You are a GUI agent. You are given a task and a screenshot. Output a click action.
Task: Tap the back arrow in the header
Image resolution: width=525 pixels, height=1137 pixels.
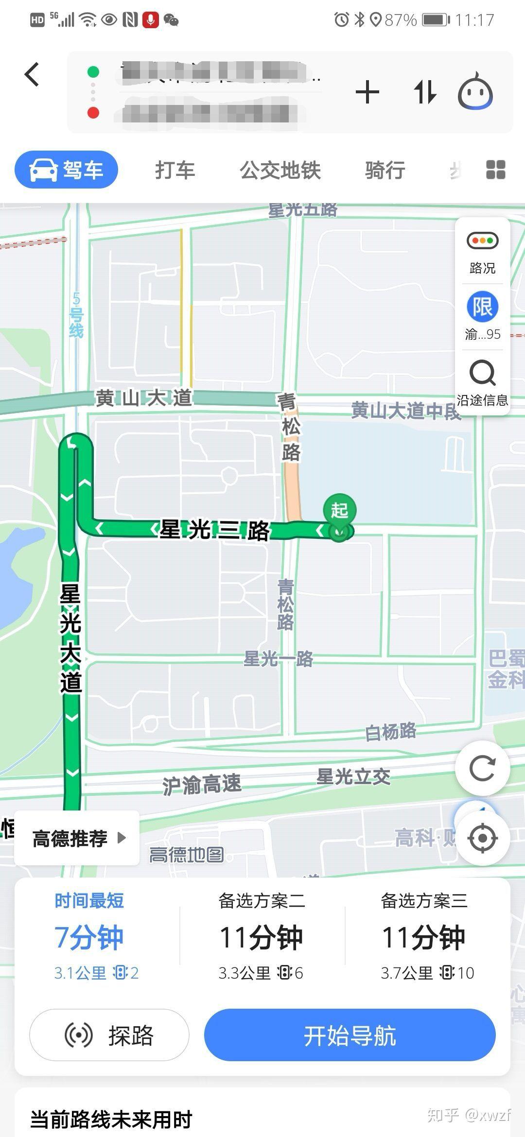pyautogui.click(x=32, y=75)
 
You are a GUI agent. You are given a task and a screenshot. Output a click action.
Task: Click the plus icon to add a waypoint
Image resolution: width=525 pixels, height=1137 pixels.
pyautogui.click(x=367, y=92)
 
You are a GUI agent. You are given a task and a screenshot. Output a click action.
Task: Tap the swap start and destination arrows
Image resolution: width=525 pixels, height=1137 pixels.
pyautogui.click(x=425, y=92)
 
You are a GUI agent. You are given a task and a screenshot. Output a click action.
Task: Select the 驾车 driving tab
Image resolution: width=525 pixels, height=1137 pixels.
pyautogui.click(x=67, y=170)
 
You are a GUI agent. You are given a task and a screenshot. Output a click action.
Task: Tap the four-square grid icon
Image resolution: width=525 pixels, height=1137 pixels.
pyautogui.click(x=495, y=170)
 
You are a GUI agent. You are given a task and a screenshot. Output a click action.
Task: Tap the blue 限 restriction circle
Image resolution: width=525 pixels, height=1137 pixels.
pyautogui.click(x=483, y=307)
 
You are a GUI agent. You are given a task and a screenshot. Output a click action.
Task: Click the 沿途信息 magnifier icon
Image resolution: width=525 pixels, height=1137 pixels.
pyautogui.click(x=482, y=373)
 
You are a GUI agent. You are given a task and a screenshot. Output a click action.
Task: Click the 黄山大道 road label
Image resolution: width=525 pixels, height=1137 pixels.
pyautogui.click(x=143, y=398)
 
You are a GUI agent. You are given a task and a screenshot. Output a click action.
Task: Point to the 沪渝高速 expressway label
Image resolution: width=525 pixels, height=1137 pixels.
pyautogui.click(x=201, y=784)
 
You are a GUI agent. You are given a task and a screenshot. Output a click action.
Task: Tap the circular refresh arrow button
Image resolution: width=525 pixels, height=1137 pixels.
pyautogui.click(x=482, y=769)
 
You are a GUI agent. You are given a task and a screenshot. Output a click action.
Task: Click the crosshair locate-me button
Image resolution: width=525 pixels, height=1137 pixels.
pyautogui.click(x=482, y=838)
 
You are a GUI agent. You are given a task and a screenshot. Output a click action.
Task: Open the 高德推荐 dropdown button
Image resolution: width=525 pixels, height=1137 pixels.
pyautogui.click(x=78, y=838)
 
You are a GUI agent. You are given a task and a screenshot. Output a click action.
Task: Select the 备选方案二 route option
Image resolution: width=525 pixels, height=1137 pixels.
pyautogui.click(x=262, y=935)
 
